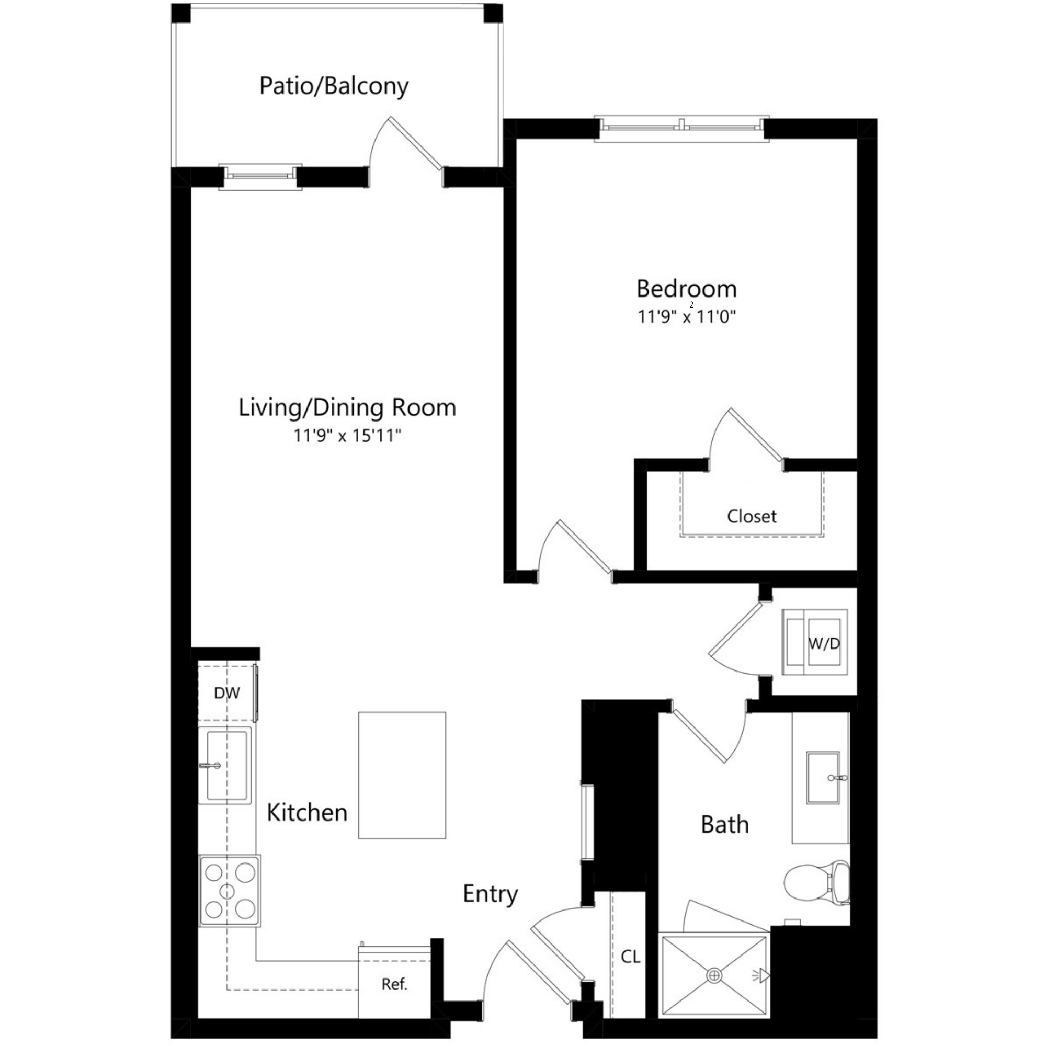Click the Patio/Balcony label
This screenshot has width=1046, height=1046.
(x=334, y=86)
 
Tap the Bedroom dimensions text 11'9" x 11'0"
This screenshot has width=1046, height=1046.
(x=687, y=316)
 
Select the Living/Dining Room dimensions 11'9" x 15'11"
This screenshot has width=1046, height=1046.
(x=347, y=435)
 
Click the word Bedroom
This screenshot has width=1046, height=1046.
(x=687, y=289)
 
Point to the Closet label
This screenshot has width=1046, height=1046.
(x=752, y=517)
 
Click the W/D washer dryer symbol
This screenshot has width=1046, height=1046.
(x=814, y=643)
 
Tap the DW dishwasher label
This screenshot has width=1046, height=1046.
(x=226, y=693)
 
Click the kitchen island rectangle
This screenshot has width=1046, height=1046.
(x=402, y=775)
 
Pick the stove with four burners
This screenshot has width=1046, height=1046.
(x=230, y=891)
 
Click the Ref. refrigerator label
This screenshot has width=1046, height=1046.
(x=394, y=984)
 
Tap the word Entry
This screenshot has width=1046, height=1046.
(x=490, y=894)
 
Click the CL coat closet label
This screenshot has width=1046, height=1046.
(x=630, y=957)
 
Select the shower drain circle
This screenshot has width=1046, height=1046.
(x=714, y=975)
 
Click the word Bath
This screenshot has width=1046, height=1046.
(x=724, y=825)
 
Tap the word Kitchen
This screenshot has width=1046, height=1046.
(x=307, y=813)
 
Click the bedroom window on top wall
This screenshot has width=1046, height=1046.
(x=681, y=128)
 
